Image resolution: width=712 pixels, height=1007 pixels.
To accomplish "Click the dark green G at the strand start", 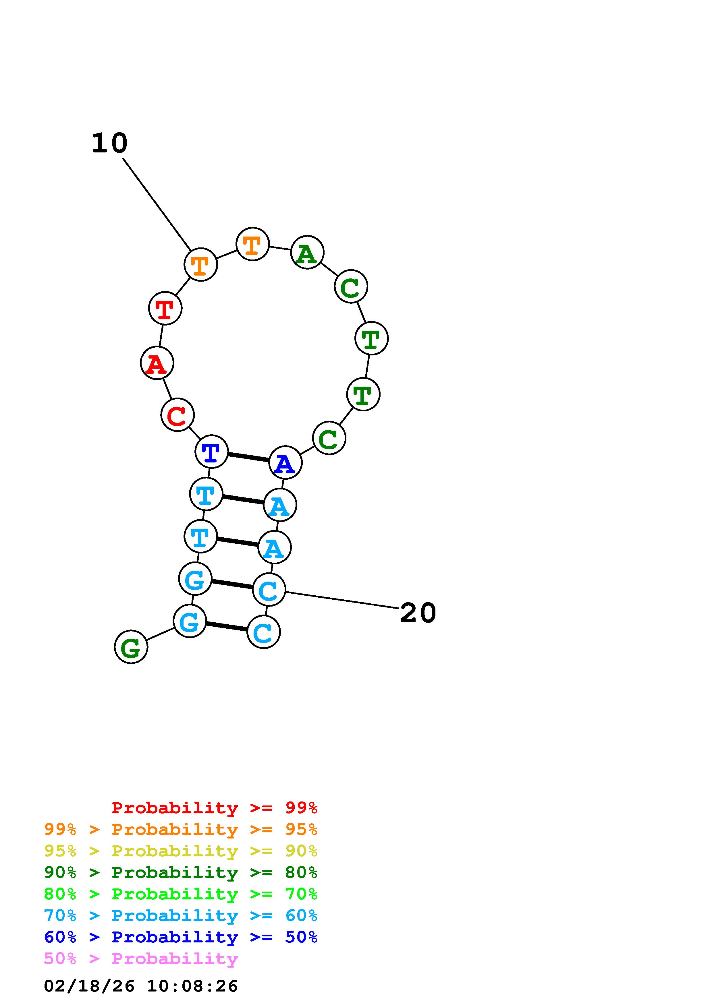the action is (x=131, y=647).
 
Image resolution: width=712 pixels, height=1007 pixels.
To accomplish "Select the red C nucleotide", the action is (x=177, y=415).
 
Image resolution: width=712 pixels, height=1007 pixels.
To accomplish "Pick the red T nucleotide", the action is (x=165, y=308).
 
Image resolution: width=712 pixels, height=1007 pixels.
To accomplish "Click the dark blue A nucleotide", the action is (x=285, y=463).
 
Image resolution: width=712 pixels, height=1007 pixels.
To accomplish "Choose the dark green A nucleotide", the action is (x=307, y=252).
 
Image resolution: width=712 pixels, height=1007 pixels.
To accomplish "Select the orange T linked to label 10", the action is (x=200, y=264).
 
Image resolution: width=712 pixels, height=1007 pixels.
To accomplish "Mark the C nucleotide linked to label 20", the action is (x=269, y=590).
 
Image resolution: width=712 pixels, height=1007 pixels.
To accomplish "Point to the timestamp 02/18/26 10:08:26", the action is (x=141, y=986).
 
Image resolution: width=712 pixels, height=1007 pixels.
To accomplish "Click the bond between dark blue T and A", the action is (x=248, y=457).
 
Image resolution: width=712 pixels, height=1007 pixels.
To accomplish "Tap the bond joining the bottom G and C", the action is (x=226, y=626).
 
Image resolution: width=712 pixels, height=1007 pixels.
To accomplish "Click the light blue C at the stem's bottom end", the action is (x=263, y=632).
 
